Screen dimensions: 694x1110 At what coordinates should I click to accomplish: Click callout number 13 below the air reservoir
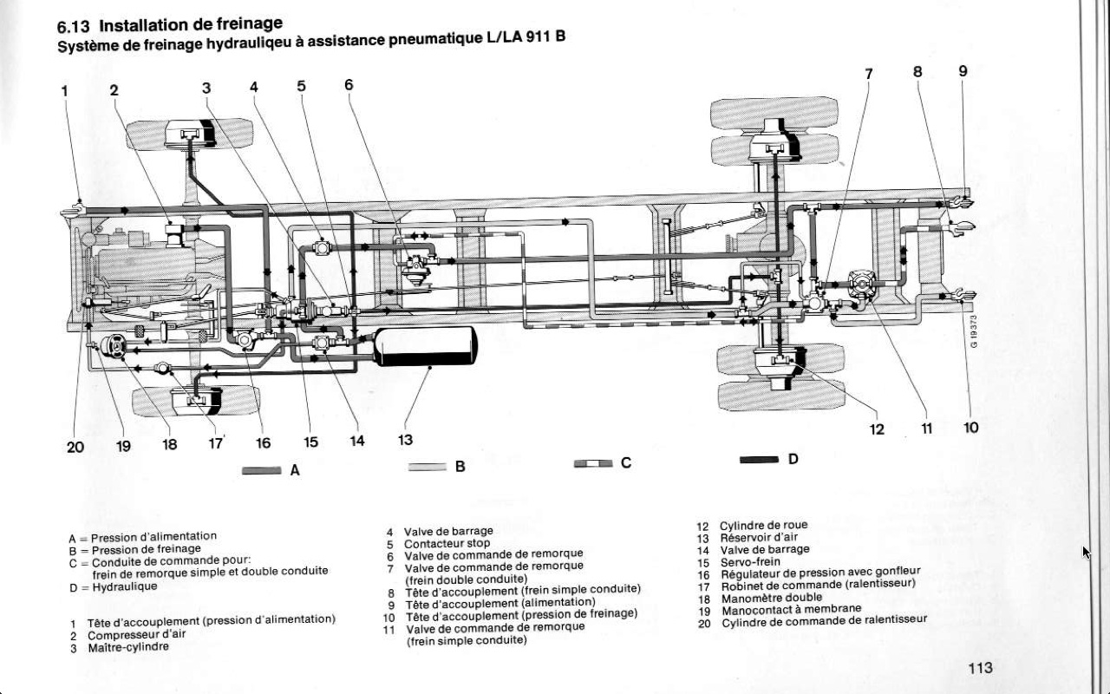pos(405,440)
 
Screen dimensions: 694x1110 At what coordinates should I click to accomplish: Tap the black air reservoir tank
pos(426,346)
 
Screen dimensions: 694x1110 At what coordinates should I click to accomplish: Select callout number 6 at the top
pos(349,84)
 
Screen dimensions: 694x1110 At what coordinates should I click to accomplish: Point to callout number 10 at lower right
pos(970,428)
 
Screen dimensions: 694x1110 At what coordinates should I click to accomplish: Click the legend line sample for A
pos(261,471)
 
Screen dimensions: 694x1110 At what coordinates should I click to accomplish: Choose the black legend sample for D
pos(759,461)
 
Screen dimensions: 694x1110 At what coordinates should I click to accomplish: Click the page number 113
pos(980,667)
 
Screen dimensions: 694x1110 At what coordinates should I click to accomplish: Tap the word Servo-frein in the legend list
pos(750,562)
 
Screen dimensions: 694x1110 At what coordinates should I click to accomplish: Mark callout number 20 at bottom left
pos(75,446)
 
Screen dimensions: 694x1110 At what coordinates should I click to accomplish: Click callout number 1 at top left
pos(64,90)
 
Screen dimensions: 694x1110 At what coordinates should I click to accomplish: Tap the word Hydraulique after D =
pos(125,586)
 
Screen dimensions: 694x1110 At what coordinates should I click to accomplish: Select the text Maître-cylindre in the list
pos(128,647)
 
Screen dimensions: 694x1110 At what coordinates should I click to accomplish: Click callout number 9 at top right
pos(963,71)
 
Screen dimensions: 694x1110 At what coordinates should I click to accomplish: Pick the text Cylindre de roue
pos(763,526)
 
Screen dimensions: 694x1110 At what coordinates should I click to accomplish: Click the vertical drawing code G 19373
pos(974,330)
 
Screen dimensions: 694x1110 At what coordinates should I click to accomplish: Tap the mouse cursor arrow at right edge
pos(1087,553)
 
